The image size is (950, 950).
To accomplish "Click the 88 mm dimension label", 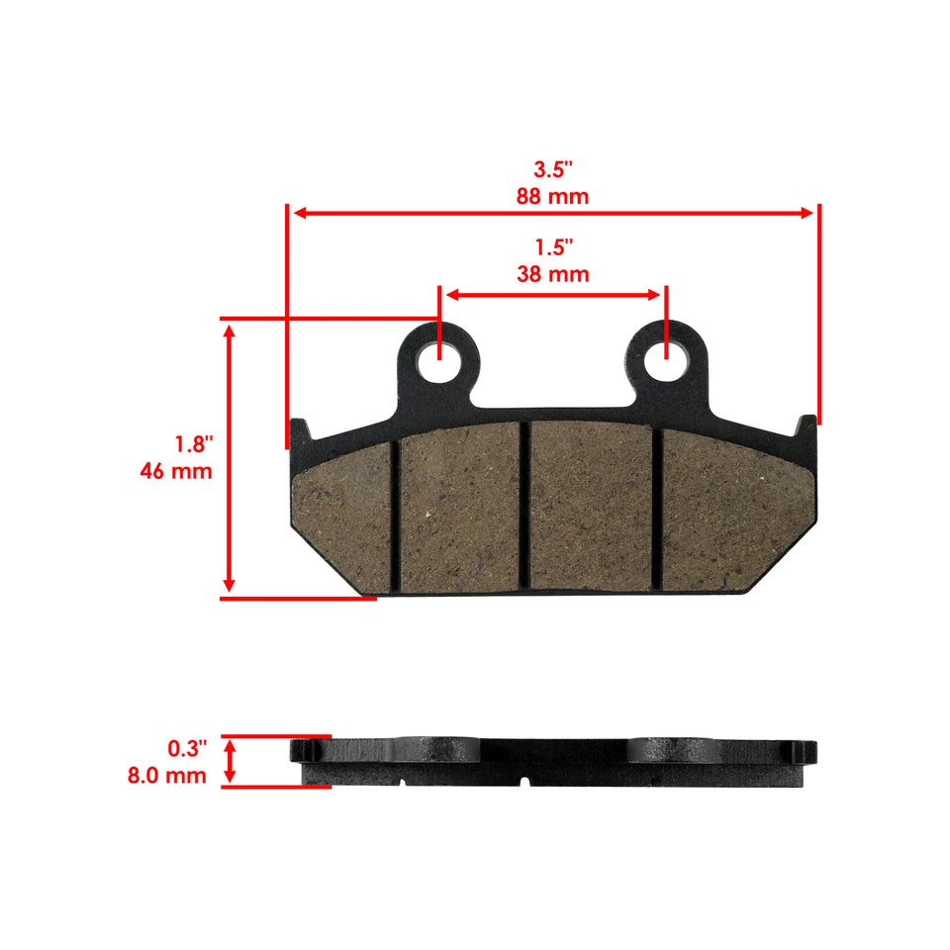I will [x=552, y=196].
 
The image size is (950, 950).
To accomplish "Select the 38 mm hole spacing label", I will [x=552, y=274].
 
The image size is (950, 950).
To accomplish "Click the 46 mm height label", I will [x=176, y=471].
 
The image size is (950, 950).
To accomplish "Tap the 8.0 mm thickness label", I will [x=167, y=776].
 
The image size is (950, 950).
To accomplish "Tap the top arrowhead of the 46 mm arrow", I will [x=230, y=332].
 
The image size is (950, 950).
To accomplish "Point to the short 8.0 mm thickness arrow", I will [x=230, y=761].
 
